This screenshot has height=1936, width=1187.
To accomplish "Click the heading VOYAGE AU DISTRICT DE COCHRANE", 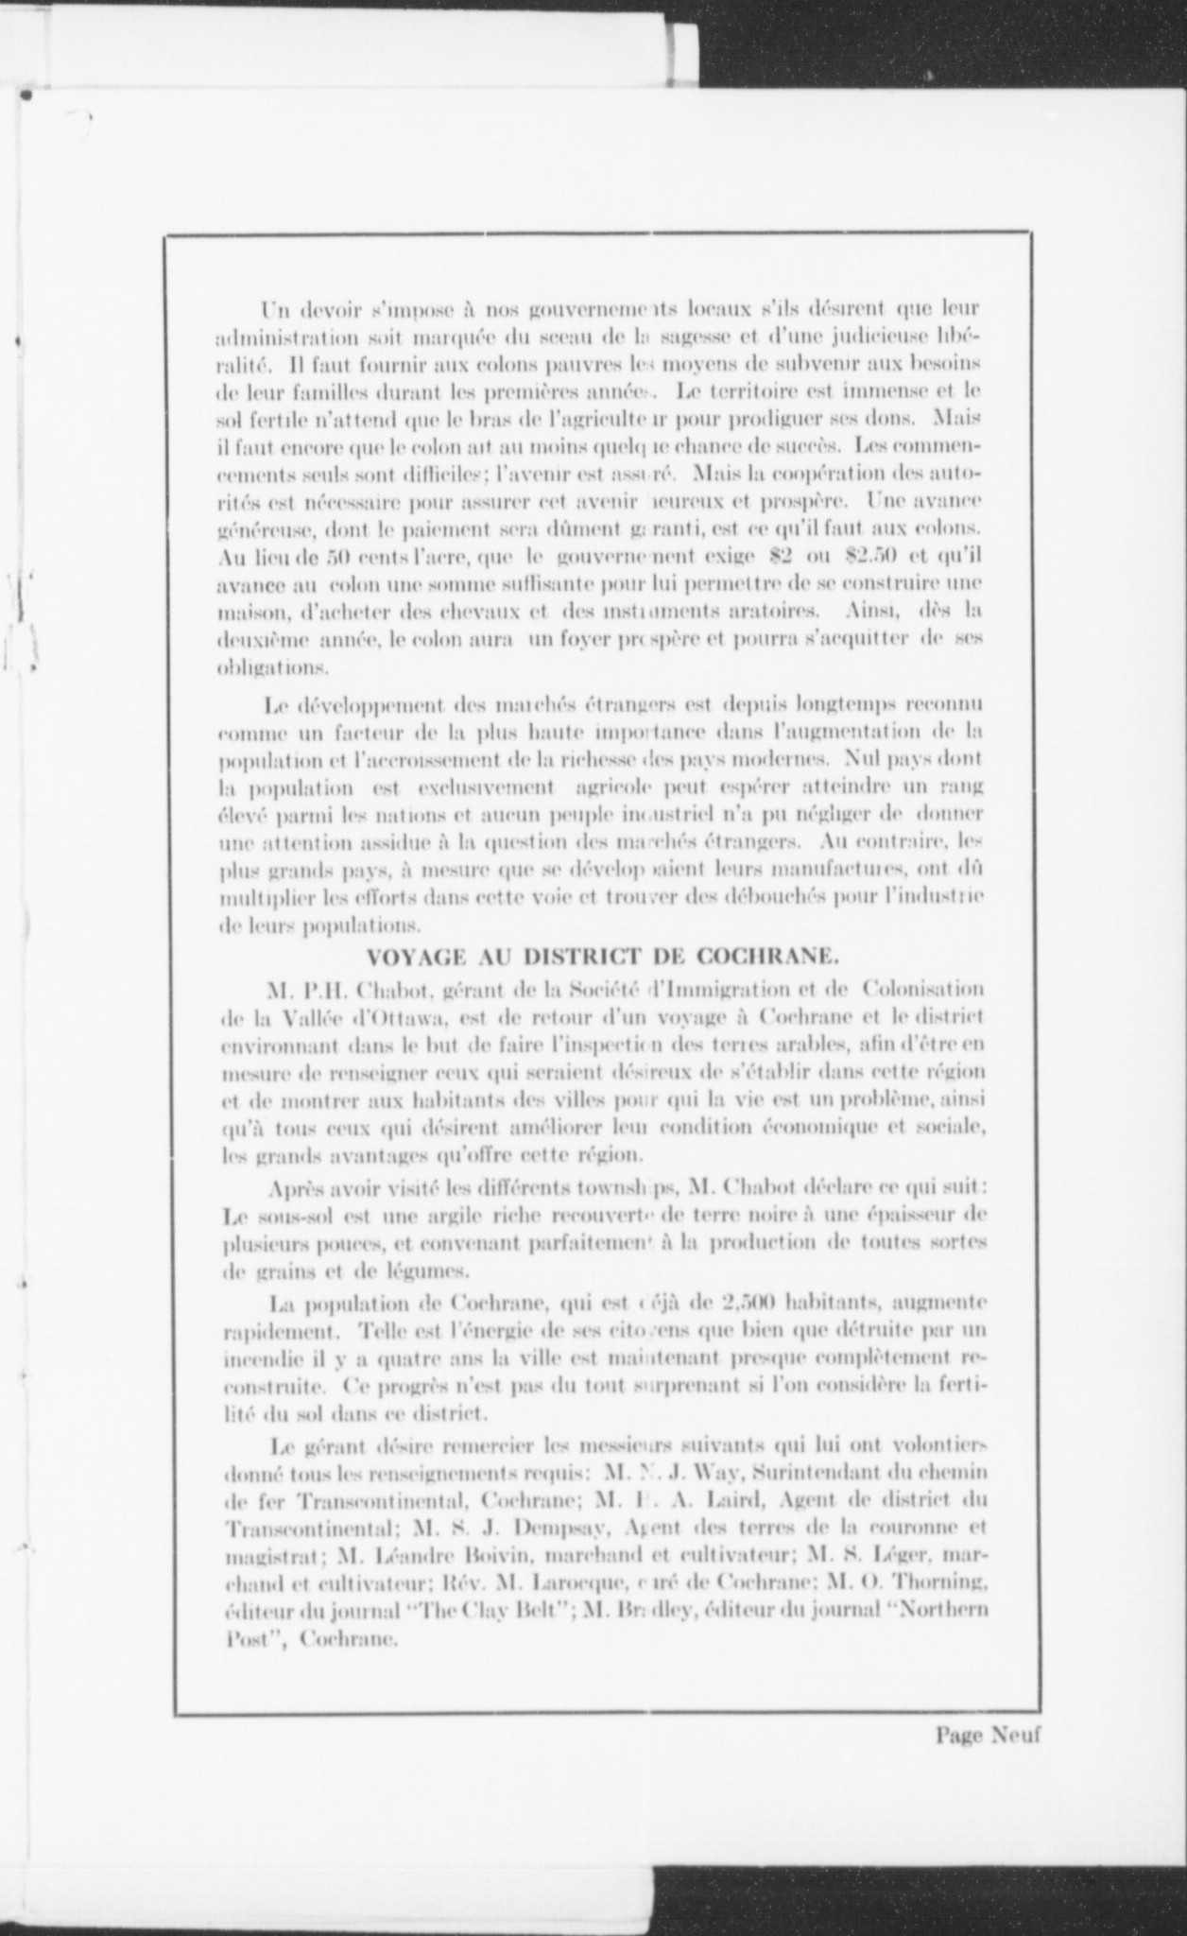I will pos(601,955).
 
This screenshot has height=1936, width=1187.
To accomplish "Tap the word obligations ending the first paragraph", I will pos(272,667).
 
